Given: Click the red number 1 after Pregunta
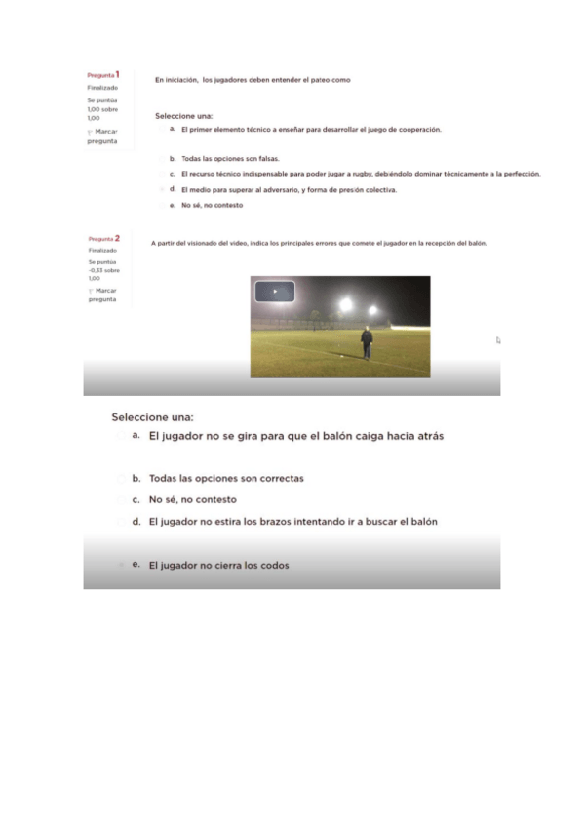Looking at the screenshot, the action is pyautogui.click(x=118, y=74).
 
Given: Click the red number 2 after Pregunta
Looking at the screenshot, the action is pyautogui.click(x=118, y=238).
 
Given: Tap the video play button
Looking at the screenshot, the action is pyautogui.click(x=275, y=292).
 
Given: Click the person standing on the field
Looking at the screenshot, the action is pyautogui.click(x=367, y=342).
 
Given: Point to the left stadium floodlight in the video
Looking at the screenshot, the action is pyautogui.click(x=345, y=305).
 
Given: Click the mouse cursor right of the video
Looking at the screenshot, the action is pyautogui.click(x=497, y=340).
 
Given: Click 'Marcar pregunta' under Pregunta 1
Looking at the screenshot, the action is pyautogui.click(x=103, y=136).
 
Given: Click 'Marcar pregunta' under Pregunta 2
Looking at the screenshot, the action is pyautogui.click(x=103, y=295).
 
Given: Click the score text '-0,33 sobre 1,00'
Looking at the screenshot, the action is pyautogui.click(x=102, y=273).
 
